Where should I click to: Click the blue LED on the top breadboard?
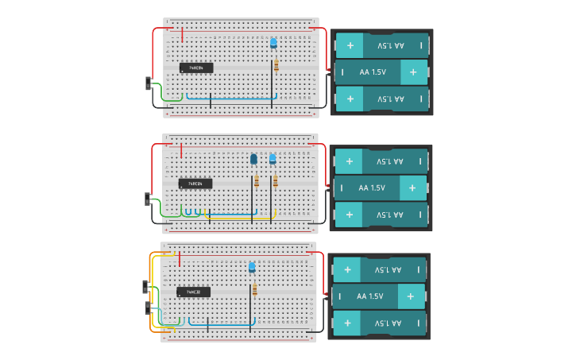point(273,43)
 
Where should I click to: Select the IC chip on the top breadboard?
point(196,68)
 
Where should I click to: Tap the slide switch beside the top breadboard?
point(149,83)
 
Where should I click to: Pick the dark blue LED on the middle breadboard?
point(253,160)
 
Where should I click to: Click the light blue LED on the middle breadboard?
point(273,159)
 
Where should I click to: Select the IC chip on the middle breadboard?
point(195,184)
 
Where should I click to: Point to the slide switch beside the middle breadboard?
point(148,199)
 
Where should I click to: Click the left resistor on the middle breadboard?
point(257,182)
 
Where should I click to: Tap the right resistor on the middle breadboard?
point(275,181)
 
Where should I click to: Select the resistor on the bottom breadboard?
point(254,290)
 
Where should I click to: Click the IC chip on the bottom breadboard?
point(193,292)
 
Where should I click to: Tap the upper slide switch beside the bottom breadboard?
point(145,286)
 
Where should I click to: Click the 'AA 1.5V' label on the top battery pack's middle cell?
point(373,72)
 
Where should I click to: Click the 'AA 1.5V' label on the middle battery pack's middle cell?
point(371,188)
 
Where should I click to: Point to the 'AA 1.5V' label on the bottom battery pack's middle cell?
point(370,296)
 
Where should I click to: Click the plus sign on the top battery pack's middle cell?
point(412,72)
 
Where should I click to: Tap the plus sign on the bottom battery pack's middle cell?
point(410,296)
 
